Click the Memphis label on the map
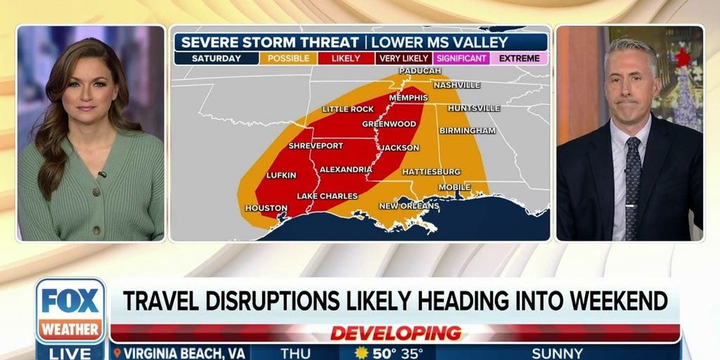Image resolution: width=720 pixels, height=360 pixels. pyautogui.click(x=409, y=98)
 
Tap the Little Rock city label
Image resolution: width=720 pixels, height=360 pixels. pyautogui.click(x=348, y=109)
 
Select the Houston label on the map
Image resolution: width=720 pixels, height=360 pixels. pyautogui.click(x=266, y=208)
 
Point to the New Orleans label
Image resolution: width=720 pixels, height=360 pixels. pyautogui.click(x=409, y=205)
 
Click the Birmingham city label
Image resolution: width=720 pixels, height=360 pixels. pyautogui.click(x=467, y=130)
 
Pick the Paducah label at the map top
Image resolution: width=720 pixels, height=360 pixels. pyautogui.click(x=419, y=71)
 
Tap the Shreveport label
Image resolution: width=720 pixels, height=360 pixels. pyautogui.click(x=316, y=146)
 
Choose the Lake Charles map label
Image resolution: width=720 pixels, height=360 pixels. pyautogui.click(x=327, y=195)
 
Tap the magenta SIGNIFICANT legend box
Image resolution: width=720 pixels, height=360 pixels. pyautogui.click(x=461, y=58)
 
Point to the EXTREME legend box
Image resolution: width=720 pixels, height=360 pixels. pyautogui.click(x=519, y=58)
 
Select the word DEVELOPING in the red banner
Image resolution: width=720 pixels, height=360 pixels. pyautogui.click(x=395, y=333)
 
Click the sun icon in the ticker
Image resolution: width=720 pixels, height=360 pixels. pyautogui.click(x=362, y=353)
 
